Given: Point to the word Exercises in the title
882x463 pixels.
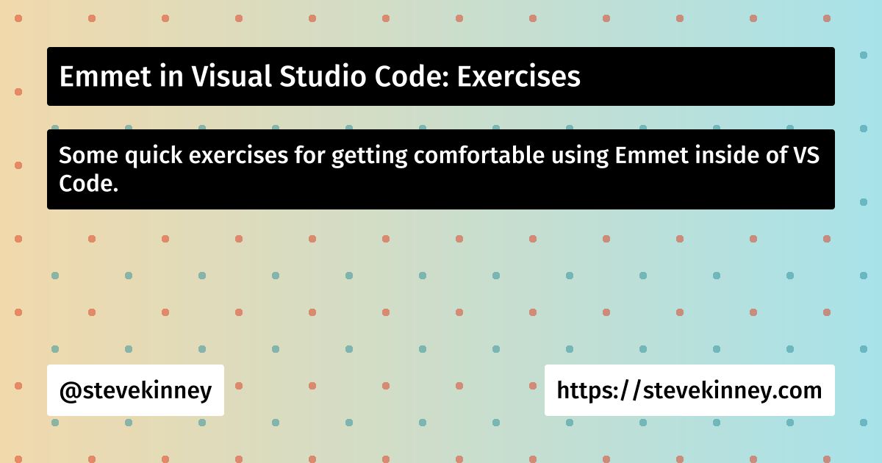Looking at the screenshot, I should tap(519, 77).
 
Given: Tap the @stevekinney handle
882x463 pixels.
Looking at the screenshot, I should tap(135, 390).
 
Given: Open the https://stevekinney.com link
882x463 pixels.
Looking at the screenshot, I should tap(689, 390).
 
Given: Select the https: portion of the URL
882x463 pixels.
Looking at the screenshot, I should tap(588, 390).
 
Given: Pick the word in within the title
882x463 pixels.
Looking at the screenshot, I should tap(159, 77).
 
